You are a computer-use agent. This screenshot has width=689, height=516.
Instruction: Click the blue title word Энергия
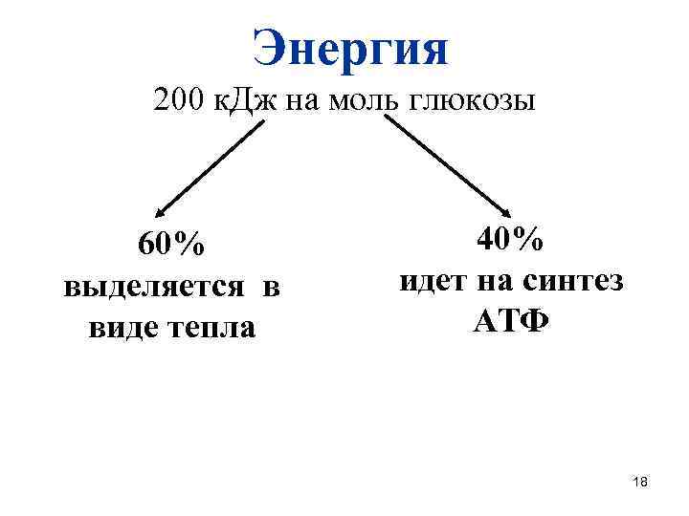(350, 48)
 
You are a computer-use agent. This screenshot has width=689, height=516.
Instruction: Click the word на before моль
(301, 99)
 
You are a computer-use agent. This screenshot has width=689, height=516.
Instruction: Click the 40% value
(511, 239)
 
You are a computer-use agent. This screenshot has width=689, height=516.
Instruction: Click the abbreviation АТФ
(510, 322)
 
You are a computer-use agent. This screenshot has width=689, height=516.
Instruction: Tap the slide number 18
(640, 484)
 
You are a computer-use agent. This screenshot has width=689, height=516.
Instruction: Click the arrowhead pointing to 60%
(161, 213)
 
